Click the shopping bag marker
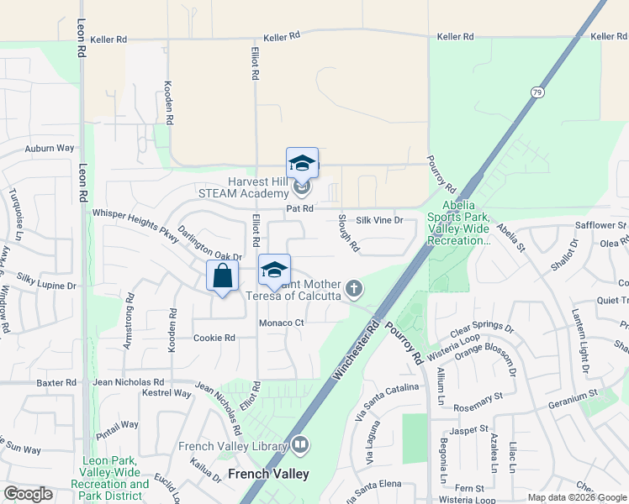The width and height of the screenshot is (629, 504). coord(222,276)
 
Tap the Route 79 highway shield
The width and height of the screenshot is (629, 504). coord(536,92)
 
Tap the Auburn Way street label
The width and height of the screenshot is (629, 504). coord(50,149)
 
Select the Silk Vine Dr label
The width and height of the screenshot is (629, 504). coord(379,220)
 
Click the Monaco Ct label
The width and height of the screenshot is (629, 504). coord(281,323)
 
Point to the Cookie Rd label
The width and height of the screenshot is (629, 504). coord(214,338)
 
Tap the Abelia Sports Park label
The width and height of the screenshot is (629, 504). coord(459,223)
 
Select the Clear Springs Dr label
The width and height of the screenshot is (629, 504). coord(481,328)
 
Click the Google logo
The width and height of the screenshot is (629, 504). coord(29,494)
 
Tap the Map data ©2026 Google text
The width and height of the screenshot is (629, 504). coord(576,497)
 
